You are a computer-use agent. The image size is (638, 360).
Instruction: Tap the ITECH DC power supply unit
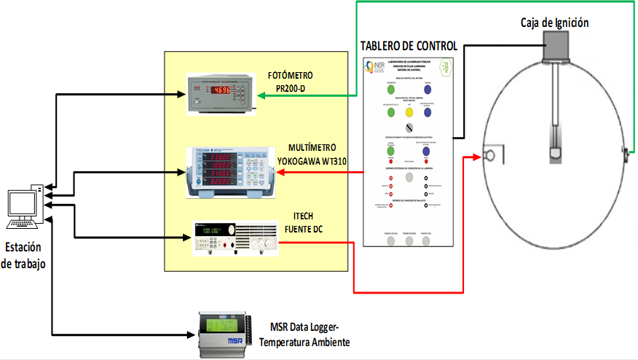click(234, 238)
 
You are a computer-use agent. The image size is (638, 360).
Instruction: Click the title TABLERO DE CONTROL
click(409, 46)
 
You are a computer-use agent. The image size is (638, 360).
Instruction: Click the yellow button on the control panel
click(409, 113)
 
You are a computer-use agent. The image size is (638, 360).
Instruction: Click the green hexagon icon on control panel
click(445, 67)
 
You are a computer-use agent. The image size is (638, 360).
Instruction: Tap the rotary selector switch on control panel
click(409, 128)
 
